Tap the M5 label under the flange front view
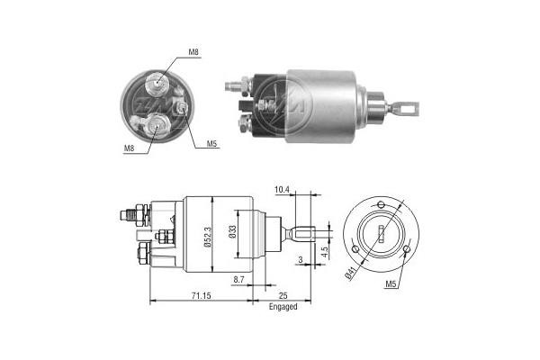[391, 285]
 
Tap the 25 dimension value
[282, 296]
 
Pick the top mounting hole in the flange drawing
[382, 204]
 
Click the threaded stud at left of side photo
[235, 87]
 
